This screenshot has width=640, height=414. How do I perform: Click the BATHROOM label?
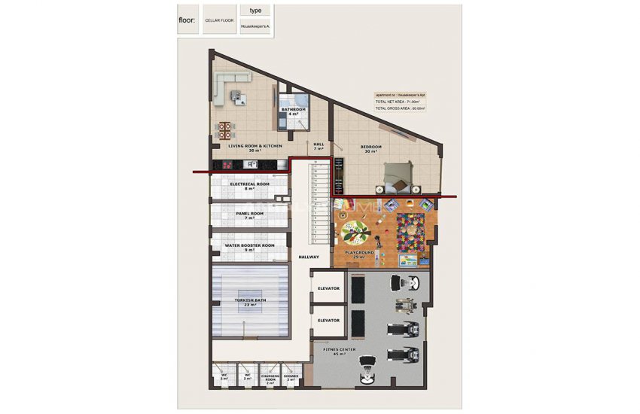click(x=294, y=109)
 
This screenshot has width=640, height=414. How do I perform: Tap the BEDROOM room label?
click(x=370, y=147)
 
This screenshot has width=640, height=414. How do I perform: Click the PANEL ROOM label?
click(x=249, y=214)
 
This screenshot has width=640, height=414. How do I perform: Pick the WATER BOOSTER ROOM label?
click(x=249, y=245)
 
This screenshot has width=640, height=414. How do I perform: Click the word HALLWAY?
click(x=309, y=257)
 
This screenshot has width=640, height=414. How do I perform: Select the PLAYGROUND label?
click(x=359, y=253)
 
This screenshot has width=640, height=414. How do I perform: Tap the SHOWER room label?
click(x=291, y=376)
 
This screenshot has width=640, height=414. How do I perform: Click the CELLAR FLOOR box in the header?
click(x=219, y=21)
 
